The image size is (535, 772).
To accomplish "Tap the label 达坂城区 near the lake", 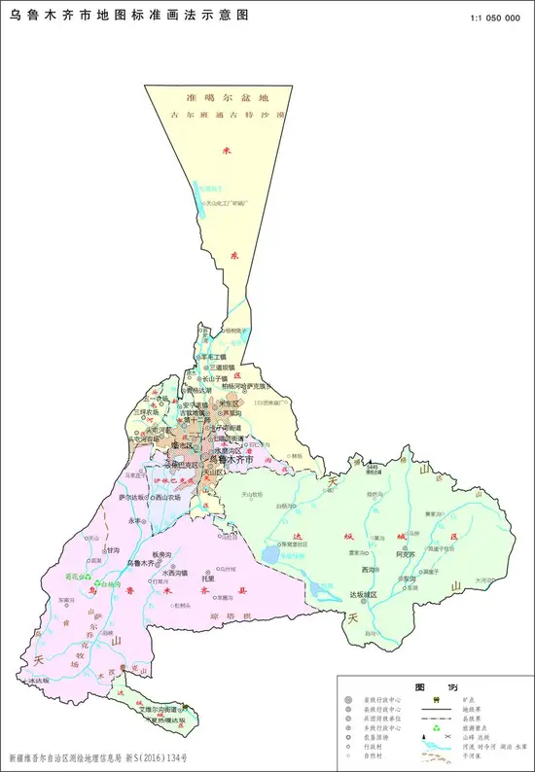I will pyautogui.click(x=368, y=593).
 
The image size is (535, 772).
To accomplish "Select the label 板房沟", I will pyautogui.click(x=161, y=553).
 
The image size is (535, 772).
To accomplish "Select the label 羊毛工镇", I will pyautogui.click(x=213, y=357).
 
